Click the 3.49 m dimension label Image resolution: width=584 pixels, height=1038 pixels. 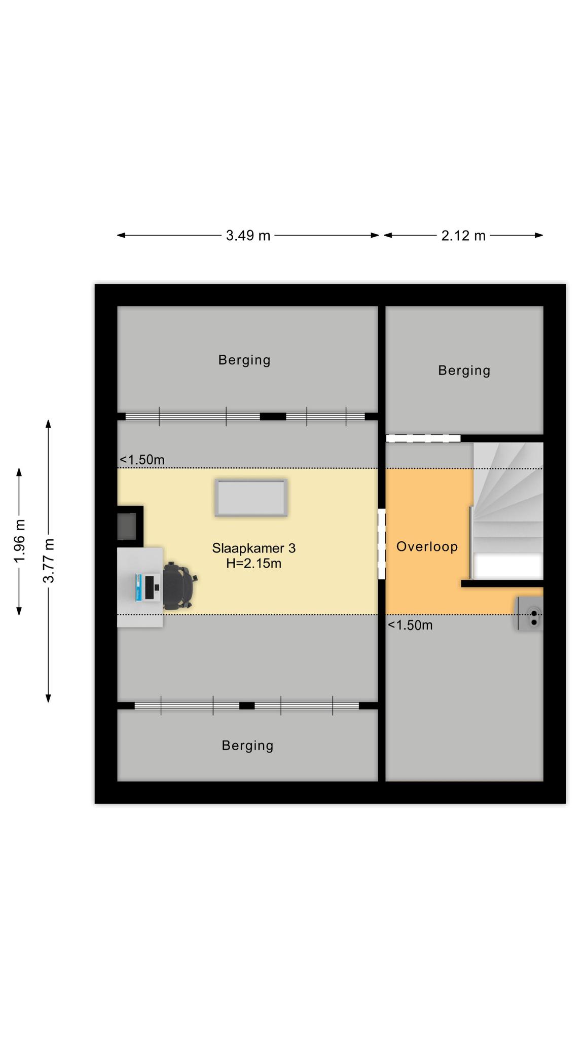click(248, 236)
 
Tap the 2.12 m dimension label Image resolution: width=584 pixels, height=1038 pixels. click(463, 236)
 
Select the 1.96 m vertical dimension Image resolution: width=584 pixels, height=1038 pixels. click(20, 541)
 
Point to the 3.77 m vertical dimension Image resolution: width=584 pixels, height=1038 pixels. click(49, 561)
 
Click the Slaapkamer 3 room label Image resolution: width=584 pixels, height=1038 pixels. click(253, 548)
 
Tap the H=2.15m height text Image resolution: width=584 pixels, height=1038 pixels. click(253, 563)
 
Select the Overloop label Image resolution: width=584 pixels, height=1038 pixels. click(427, 547)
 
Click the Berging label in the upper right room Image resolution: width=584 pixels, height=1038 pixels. click(464, 370)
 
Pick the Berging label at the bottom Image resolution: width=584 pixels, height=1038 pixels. click(247, 746)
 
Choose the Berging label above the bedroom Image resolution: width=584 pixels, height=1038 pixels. click(244, 360)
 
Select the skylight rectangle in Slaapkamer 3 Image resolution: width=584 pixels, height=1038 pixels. click(251, 498)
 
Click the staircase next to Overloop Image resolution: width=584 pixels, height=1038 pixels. click(507, 511)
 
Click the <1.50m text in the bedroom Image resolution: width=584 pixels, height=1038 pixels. click(142, 460)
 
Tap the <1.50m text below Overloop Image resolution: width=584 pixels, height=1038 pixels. click(410, 625)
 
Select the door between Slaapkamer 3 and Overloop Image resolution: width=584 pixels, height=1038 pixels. click(382, 544)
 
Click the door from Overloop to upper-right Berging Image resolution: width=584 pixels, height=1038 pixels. click(423, 438)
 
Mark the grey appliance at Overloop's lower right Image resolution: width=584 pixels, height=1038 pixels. click(529, 614)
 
